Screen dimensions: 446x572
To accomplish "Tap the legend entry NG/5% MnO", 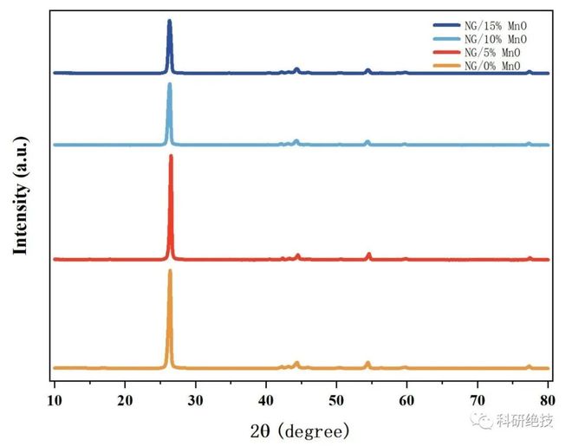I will [489, 53].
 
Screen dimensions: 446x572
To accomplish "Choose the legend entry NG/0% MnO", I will [489, 66].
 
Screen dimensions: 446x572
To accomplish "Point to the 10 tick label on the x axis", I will [55, 399].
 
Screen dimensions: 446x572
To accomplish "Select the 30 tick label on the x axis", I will [196, 399].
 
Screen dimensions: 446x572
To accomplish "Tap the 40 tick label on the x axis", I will [266, 399].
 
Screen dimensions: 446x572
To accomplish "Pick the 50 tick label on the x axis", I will [336, 399].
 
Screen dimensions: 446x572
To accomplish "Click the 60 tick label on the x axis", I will [406, 399].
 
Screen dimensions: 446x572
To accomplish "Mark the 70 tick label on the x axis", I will [477, 399].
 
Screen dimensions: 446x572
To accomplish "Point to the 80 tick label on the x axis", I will [547, 399].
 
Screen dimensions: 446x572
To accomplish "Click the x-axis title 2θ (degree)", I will [300, 430].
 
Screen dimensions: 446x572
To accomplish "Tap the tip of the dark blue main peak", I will [169, 21].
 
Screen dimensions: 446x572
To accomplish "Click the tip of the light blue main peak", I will [169, 84].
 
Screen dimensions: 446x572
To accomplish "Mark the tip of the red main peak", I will [171, 156].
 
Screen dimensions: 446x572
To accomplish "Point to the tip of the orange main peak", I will [170, 271].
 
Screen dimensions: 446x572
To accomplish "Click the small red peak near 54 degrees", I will [369, 254].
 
